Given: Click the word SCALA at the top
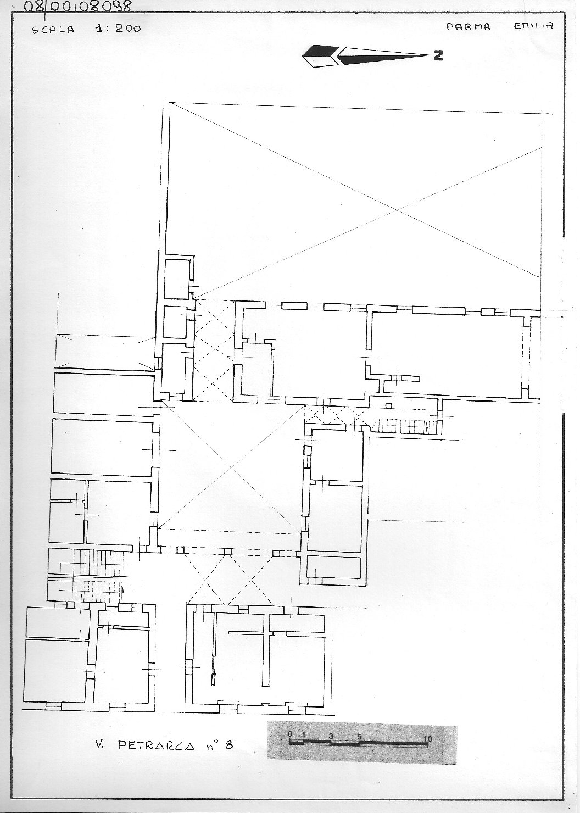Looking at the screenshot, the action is pos(53,30).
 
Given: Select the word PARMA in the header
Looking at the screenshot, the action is pos(468,27).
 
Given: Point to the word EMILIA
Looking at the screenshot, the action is pos(533,26).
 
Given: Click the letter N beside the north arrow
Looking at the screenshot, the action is pos(438,55).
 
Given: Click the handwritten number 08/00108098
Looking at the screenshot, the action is pos(77,6).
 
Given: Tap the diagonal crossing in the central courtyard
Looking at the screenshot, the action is pos(231,468).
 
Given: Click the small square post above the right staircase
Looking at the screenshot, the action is pos(388,405).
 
